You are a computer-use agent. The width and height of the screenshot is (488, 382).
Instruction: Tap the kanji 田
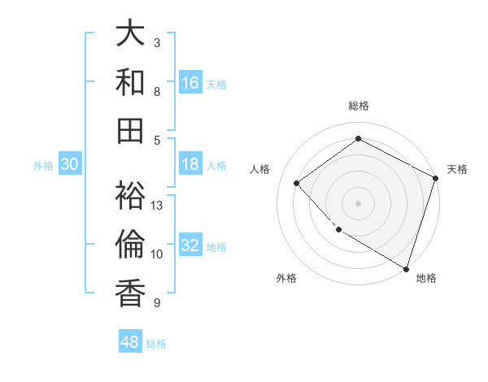tap(131, 130)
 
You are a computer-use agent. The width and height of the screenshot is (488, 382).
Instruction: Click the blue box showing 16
tap(190, 83)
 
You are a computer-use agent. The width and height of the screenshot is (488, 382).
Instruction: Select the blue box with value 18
tap(190, 164)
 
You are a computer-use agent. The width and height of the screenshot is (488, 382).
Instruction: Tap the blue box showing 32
tap(190, 245)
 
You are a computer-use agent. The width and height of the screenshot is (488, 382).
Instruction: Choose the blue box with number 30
tap(69, 164)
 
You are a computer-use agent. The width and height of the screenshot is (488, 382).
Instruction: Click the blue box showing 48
tap(130, 342)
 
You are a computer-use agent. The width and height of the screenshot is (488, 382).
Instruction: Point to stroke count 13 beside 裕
tap(158, 205)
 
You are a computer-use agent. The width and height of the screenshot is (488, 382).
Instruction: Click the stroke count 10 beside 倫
tap(157, 254)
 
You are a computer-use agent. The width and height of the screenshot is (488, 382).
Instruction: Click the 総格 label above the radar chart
tap(359, 106)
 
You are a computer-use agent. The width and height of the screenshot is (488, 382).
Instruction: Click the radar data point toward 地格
tap(406, 267)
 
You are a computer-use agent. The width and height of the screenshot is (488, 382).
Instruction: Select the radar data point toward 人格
tap(297, 183)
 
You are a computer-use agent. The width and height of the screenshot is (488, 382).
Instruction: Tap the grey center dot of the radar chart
tap(359, 203)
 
